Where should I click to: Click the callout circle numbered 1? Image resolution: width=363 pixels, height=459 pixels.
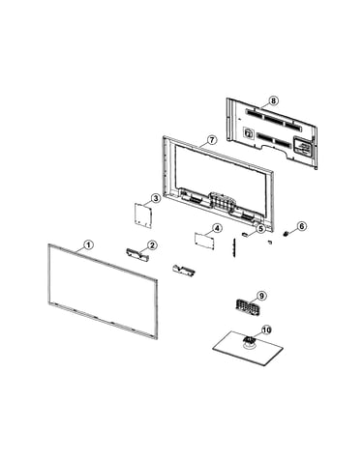tap(88, 244)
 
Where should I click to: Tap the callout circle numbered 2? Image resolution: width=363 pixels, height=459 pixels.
tap(152, 245)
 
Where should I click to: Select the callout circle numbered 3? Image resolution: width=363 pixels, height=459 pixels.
tap(156, 198)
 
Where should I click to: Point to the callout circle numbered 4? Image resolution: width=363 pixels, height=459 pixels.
tap(218, 228)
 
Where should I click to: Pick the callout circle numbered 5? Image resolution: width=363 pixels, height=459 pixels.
tap(260, 229)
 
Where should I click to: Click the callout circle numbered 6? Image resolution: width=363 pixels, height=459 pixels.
tap(301, 226)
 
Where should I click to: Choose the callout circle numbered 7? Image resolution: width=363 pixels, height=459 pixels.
tap(211, 140)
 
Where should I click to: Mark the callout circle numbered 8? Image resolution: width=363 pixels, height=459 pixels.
tap(273, 100)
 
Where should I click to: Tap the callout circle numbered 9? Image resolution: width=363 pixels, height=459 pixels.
tap(261, 296)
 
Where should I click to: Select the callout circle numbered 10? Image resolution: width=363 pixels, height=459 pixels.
tap(266, 330)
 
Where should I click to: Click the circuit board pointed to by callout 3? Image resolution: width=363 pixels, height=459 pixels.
tap(143, 215)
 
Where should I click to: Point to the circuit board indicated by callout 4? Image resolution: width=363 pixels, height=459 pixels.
tap(204, 241)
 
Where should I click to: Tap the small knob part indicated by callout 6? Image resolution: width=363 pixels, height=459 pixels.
tap(286, 234)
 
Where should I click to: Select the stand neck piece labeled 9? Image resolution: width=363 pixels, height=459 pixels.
tap(248, 307)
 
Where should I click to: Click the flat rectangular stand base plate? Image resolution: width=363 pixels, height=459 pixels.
tap(248, 349)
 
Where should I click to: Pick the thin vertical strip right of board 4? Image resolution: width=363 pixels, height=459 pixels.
tap(233, 248)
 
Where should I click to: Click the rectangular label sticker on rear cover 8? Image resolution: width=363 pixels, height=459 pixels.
tap(303, 148)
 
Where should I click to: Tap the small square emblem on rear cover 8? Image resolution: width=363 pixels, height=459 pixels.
tap(248, 132)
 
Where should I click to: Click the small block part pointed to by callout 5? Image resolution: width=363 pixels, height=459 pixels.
tap(245, 235)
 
